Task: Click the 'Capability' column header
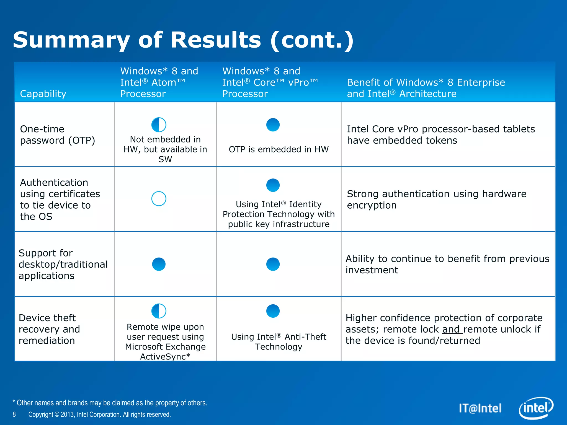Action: point(43,94)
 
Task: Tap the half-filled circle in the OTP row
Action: point(159,125)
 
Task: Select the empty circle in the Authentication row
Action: point(159,199)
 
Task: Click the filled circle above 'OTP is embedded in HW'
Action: point(273,125)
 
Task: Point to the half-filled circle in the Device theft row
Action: point(159,311)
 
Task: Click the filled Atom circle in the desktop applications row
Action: point(159,264)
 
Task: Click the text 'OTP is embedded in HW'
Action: point(279,149)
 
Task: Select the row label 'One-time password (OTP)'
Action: point(58,135)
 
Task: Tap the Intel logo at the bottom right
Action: point(535,408)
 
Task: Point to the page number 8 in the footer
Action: point(14,414)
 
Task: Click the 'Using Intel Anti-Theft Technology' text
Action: point(279,342)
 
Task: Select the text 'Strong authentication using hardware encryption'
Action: point(437,199)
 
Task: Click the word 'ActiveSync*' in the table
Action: point(165,357)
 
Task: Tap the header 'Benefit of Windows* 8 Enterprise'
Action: point(426,82)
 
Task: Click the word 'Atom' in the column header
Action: point(164,82)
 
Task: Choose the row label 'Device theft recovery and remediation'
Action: point(49,329)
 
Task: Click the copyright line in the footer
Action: point(100,414)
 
